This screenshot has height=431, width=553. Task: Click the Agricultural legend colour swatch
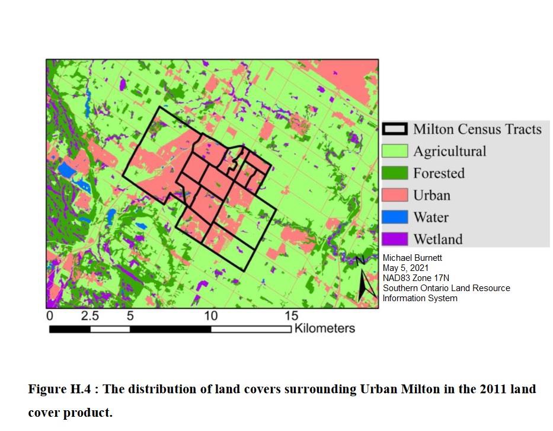pyautogui.click(x=395, y=151)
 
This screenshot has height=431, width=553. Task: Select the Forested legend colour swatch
pyautogui.click(x=395, y=173)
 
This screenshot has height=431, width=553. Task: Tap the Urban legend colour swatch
pyautogui.click(x=395, y=195)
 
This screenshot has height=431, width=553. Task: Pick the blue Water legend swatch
pyautogui.click(x=395, y=217)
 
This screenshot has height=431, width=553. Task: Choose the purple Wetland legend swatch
pyautogui.click(x=395, y=239)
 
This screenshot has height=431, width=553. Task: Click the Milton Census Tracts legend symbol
pyautogui.click(x=395, y=129)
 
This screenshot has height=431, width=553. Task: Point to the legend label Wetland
pyautogui.click(x=437, y=240)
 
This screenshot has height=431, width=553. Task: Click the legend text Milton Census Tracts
pyautogui.click(x=477, y=129)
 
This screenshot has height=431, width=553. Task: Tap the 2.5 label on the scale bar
pyautogui.click(x=90, y=316)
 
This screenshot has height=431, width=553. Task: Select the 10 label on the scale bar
pyautogui.click(x=211, y=316)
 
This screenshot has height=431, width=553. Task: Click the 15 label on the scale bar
pyautogui.click(x=291, y=316)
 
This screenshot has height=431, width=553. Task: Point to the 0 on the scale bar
pyautogui.click(x=50, y=316)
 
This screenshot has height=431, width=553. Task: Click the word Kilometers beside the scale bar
pyautogui.click(x=324, y=328)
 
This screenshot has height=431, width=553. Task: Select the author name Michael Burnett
pyautogui.click(x=413, y=258)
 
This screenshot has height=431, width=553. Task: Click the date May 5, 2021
pyautogui.click(x=405, y=268)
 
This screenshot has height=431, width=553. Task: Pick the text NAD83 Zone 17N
pyautogui.click(x=416, y=278)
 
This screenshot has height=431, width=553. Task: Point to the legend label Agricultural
pyautogui.click(x=449, y=151)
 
